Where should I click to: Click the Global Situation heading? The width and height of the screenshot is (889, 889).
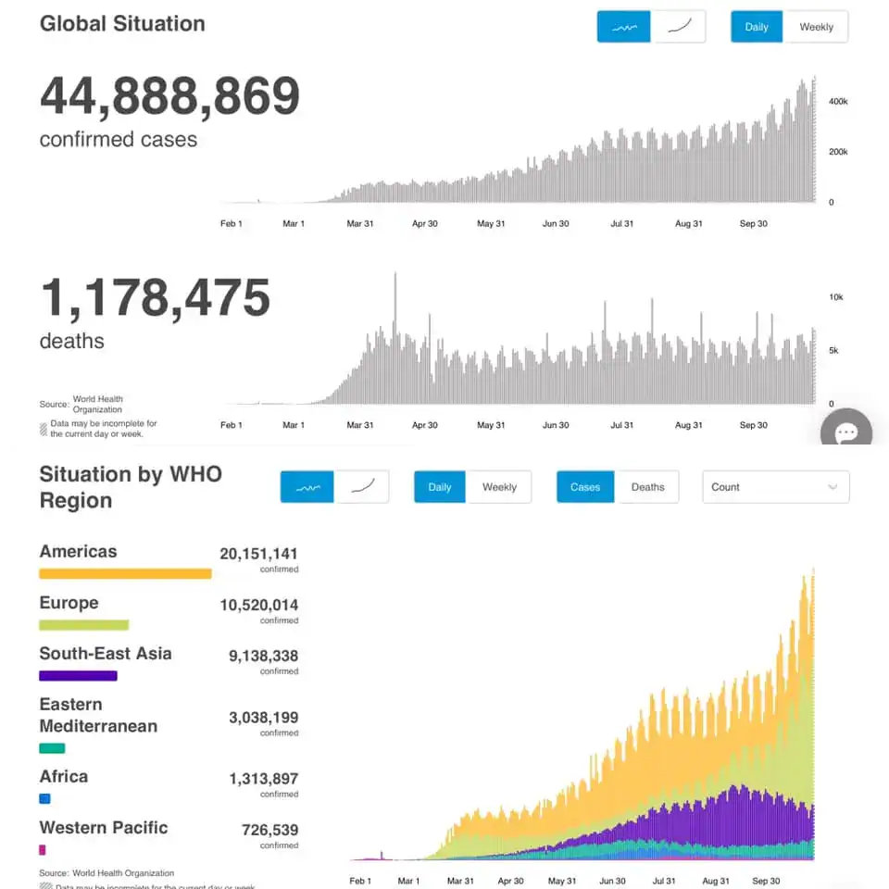pos(122,24)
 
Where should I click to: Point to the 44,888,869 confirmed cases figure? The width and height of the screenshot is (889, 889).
pos(169,96)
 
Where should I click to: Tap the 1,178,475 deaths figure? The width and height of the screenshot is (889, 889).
pos(155,298)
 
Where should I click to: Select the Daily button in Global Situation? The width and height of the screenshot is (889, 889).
pos(757,27)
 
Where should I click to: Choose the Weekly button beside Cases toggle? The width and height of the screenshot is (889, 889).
pos(499,487)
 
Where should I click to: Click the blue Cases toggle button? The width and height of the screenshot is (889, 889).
pos(585,487)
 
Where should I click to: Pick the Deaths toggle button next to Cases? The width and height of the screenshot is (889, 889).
pos(647,487)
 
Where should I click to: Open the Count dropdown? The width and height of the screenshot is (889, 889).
pos(776,487)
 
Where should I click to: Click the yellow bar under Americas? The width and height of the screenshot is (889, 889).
pos(125,574)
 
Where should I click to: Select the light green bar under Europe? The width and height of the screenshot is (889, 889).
pos(83,625)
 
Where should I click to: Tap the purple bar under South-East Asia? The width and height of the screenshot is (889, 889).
pos(78,676)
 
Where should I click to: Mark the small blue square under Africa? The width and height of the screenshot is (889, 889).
pos(44,798)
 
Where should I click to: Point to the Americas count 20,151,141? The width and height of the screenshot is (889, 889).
pos(258,554)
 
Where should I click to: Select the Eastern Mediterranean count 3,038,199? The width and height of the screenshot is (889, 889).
pos(263,717)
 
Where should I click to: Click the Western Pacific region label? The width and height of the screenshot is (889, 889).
pos(104,828)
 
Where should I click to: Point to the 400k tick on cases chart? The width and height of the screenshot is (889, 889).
pos(838,101)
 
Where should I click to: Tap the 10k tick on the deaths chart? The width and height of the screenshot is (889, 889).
pos(835,297)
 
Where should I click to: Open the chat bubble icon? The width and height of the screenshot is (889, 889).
pos(847,432)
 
